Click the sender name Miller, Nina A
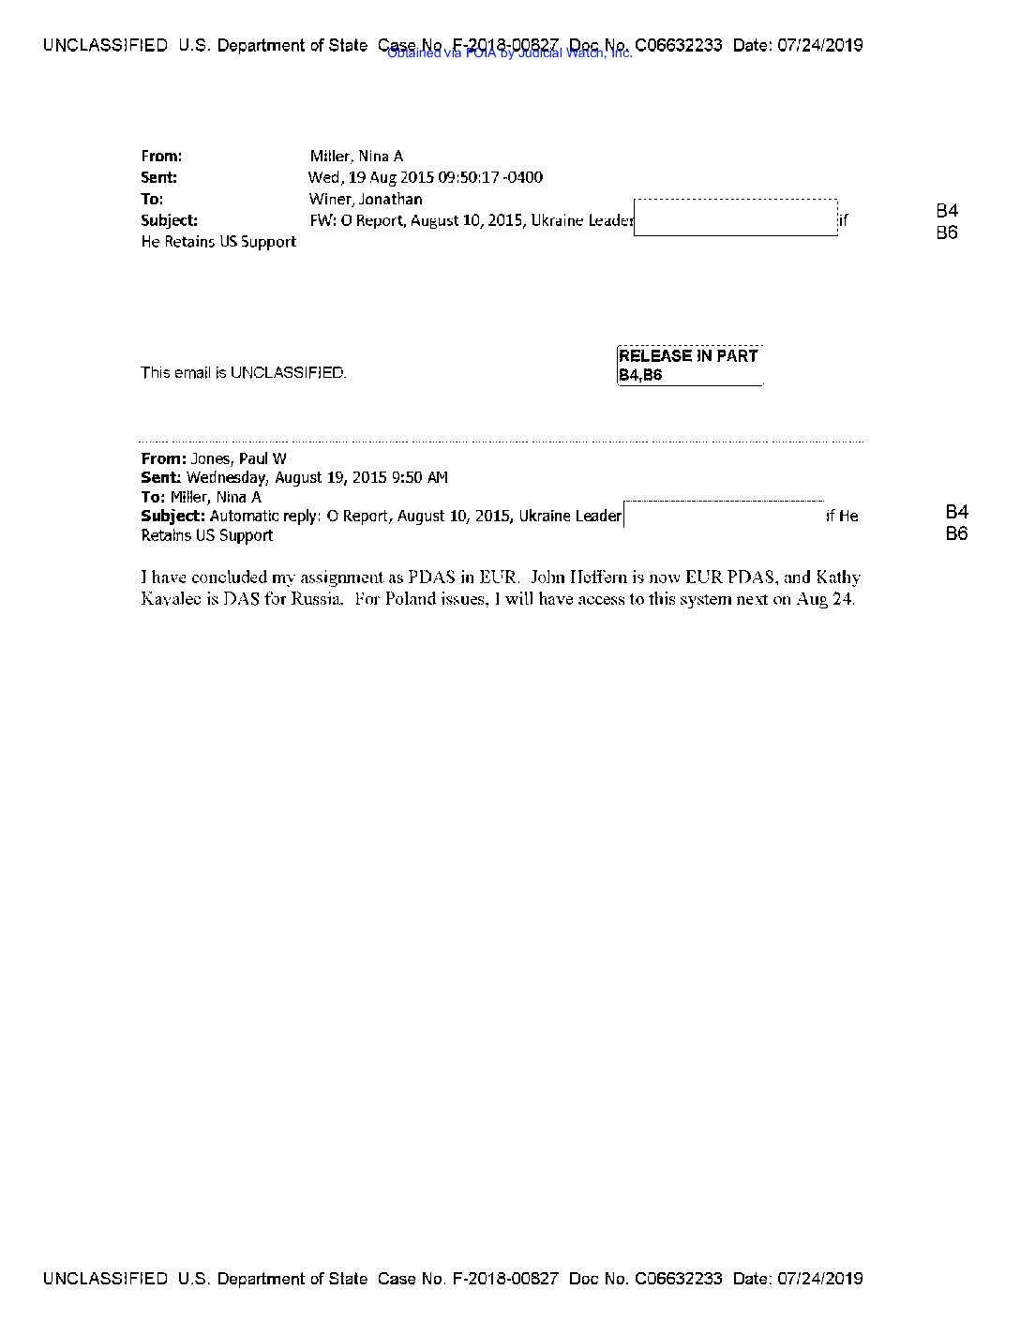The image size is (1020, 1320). [356, 157]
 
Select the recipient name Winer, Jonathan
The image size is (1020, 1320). [366, 199]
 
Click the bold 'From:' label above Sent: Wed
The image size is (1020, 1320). [161, 157]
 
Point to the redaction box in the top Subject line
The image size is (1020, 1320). [736, 217]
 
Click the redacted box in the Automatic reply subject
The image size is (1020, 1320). [724, 515]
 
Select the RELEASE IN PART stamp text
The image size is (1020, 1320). [688, 356]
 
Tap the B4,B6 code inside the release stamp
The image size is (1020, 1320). [640, 375]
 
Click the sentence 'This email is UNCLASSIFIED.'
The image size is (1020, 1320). [244, 372]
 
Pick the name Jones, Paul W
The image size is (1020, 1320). [239, 458]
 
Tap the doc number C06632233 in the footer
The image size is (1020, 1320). [678, 1279]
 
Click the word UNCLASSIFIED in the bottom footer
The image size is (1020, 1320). [105, 1279]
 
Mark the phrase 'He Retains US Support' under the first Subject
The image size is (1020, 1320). [218, 242]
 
